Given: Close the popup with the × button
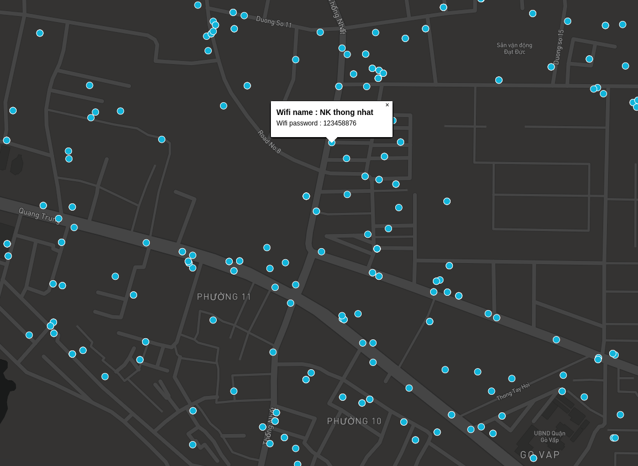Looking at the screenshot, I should click(387, 105).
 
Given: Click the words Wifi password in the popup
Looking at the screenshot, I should click(297, 123).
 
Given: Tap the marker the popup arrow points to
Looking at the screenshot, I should click(332, 143).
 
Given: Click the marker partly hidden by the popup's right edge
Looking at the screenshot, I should click(393, 121).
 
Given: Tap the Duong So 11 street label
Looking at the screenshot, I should click(274, 22).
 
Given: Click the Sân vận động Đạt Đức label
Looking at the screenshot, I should click(514, 49).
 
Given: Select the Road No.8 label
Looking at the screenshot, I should click(269, 142).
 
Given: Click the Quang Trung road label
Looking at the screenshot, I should click(39, 214).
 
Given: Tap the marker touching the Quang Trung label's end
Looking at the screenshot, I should click(59, 219).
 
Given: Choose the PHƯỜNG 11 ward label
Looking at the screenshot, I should click(224, 297).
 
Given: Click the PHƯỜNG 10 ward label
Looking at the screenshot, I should click(354, 421).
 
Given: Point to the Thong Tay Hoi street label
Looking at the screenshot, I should click(513, 391).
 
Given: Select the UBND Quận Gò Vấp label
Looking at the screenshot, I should click(550, 436).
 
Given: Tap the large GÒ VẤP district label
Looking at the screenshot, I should click(540, 454).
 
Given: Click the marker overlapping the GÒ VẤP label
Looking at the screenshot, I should click(534, 458).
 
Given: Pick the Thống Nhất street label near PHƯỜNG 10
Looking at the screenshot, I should click(268, 426).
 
